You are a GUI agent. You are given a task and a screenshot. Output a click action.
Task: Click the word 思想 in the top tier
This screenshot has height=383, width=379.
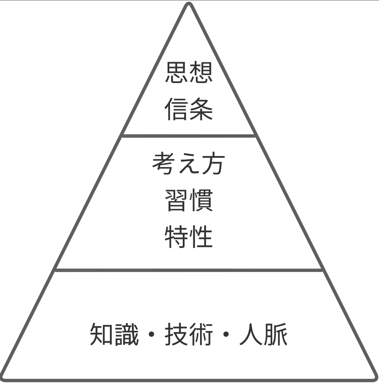coord(189,73)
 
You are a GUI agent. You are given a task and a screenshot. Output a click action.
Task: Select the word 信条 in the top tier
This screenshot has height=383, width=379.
coord(189,109)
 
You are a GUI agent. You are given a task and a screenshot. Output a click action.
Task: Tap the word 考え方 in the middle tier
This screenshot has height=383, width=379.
coord(188,164)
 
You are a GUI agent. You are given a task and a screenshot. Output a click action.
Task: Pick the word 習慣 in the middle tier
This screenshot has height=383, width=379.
coord(189,200)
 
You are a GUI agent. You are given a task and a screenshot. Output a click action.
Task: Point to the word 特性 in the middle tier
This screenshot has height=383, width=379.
coord(189,237)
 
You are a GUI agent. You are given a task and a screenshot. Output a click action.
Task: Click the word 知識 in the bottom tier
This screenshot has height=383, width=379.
coord(114,334)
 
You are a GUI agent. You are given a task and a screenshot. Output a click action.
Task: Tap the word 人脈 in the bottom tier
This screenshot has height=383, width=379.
coord(263,334)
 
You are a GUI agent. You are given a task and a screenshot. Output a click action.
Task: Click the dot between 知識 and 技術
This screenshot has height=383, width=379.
coord(151,334)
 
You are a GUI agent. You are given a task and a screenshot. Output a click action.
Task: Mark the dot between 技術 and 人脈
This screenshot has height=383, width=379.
coord(226,334)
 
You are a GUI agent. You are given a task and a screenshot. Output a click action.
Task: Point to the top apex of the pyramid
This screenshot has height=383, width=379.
coord(189,4)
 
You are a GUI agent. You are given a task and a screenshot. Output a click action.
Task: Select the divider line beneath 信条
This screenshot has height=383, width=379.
coord(189,135)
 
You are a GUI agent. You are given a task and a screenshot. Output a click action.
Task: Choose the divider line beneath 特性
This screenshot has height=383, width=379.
coord(189,269)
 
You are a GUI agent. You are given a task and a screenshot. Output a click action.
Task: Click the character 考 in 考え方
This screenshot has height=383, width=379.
coord(164,164)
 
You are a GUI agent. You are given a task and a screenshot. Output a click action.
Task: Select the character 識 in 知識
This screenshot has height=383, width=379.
coord(127,334)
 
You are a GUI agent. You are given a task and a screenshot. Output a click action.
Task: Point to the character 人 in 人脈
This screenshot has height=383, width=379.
coord(251,334)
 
